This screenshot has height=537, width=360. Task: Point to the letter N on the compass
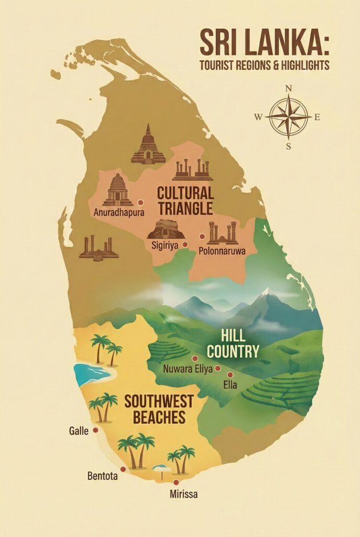288,89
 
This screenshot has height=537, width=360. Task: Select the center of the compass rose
288,116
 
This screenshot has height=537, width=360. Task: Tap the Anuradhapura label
119,212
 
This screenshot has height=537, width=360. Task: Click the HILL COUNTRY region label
240,344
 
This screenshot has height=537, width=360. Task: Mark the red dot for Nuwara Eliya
195,359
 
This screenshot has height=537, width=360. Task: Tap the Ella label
230,385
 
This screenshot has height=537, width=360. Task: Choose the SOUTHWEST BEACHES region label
158,410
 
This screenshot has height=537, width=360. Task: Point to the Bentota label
102,477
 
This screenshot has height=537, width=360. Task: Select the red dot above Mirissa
176,482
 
